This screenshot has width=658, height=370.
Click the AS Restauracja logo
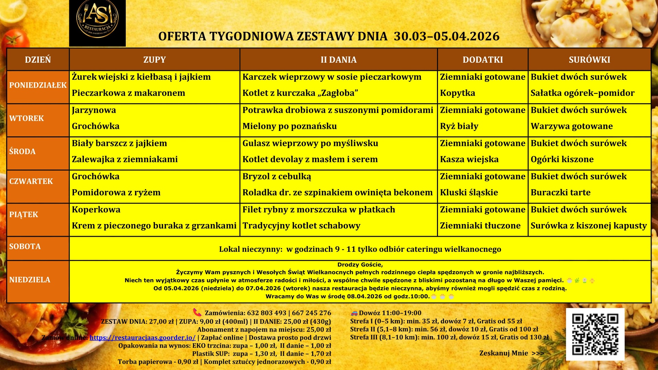97,23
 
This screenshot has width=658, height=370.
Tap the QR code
595,334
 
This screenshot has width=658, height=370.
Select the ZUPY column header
154,60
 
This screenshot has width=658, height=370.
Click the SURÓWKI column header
589,60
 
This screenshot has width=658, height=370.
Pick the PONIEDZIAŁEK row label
38,85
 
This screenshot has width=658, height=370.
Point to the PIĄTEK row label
24,215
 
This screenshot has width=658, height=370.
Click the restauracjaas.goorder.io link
143,337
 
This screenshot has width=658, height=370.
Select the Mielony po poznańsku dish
290,126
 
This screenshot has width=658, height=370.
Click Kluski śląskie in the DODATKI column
469,193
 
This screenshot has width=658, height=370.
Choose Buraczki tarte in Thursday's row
560,193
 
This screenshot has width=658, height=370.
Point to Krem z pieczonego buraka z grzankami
154,226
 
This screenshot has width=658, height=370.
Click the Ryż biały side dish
459,126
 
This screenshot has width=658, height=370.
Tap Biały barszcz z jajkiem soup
119,143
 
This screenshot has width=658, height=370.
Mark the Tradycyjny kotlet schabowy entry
301,226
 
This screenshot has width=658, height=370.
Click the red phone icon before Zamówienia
197,312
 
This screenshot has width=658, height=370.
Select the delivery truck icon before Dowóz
354,313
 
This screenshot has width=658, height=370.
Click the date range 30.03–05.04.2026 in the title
447,36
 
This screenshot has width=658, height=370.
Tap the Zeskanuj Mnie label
503,353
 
